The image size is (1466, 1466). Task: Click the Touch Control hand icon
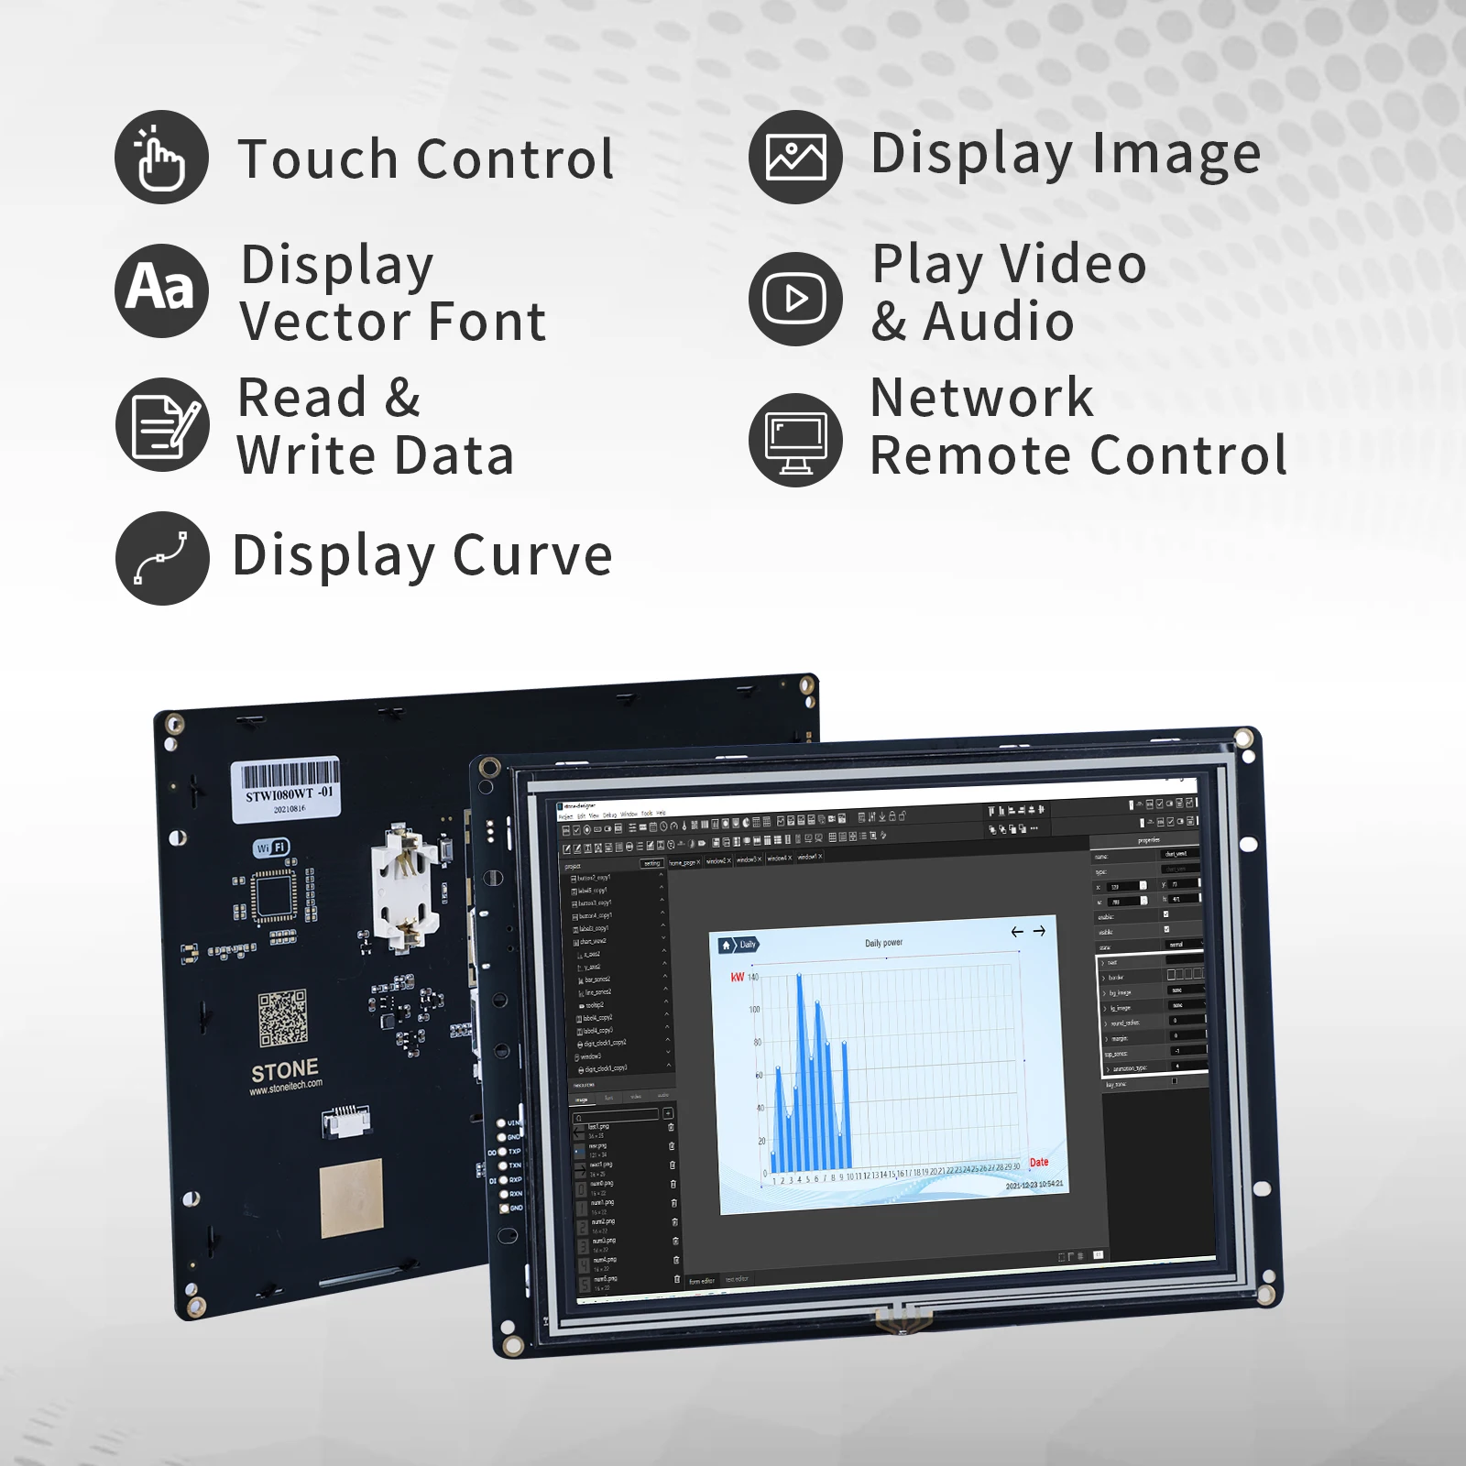pyautogui.click(x=161, y=158)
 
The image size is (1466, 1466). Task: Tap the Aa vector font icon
pyautogui.click(x=161, y=290)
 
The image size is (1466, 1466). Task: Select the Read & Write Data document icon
pyautogui.click(x=162, y=424)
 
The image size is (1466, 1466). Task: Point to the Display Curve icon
pyautogui.click(x=162, y=558)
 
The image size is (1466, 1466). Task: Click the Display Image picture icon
pyautogui.click(x=794, y=157)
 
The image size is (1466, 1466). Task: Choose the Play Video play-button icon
pyautogui.click(x=794, y=299)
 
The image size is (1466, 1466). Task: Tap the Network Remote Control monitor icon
pyautogui.click(x=794, y=439)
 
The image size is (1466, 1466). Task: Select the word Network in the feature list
pyautogui.click(x=981, y=398)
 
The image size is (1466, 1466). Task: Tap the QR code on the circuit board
pyautogui.click(x=282, y=1017)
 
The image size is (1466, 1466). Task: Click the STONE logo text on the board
pyautogui.click(x=285, y=1070)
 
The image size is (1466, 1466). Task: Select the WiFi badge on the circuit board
pyautogui.click(x=271, y=848)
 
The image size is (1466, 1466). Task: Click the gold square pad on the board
pyautogui.click(x=351, y=1198)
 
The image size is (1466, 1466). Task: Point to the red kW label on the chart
pyautogui.click(x=738, y=977)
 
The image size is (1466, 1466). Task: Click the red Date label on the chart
pyautogui.click(x=1038, y=1162)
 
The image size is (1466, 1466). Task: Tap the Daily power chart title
pyautogui.click(x=883, y=943)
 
